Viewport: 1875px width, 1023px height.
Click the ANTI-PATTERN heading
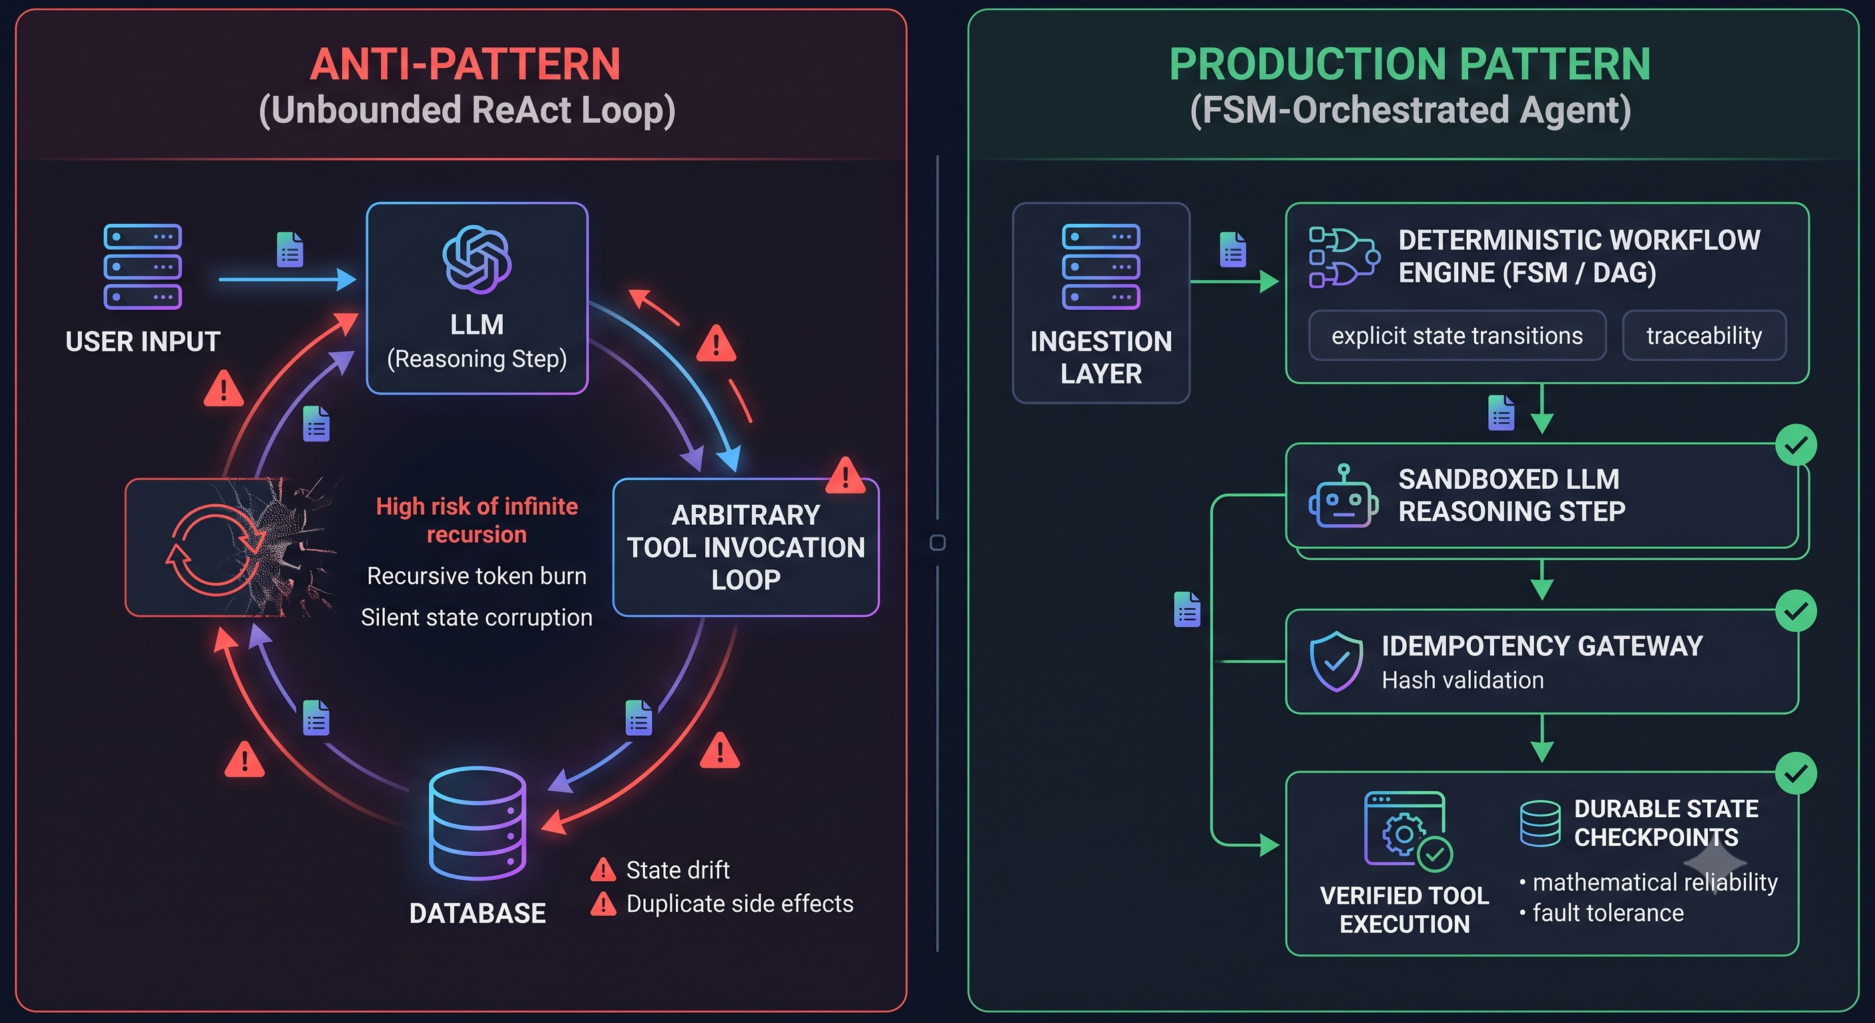tap(465, 64)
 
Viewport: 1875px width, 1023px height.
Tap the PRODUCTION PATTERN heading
tap(1410, 64)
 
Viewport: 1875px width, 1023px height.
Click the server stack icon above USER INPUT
tap(142, 266)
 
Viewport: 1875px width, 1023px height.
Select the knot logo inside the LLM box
tap(477, 259)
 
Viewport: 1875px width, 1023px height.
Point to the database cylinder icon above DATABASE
tap(477, 823)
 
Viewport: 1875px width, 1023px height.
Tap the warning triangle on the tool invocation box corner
tap(845, 476)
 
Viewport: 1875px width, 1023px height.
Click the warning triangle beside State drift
tap(603, 869)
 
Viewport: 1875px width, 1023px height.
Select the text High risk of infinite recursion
tap(477, 520)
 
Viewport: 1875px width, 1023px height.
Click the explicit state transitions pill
tap(1458, 336)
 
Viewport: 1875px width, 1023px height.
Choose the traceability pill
tap(1704, 336)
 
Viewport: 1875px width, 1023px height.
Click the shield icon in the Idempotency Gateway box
tap(1336, 661)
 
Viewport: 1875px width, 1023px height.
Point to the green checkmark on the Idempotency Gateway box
tap(1796, 611)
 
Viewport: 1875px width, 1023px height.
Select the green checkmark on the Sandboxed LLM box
tap(1796, 445)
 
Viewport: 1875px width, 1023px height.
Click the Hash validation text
tap(1462, 680)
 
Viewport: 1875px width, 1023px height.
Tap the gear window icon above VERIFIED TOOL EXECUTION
tap(1408, 831)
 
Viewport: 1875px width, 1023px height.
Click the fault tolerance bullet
tap(1601, 912)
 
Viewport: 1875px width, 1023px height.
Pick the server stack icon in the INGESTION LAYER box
tap(1101, 266)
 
